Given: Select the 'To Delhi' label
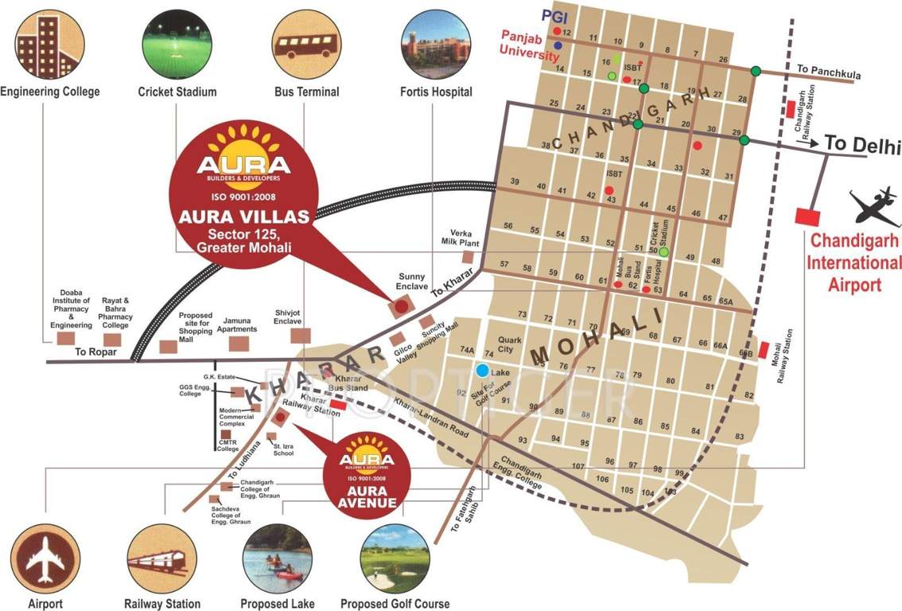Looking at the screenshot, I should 861,146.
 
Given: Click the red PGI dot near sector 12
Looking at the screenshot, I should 558,33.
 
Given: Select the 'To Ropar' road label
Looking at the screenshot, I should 96,352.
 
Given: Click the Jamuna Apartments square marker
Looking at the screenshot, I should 239,343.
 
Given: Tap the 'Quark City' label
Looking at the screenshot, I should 510,344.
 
